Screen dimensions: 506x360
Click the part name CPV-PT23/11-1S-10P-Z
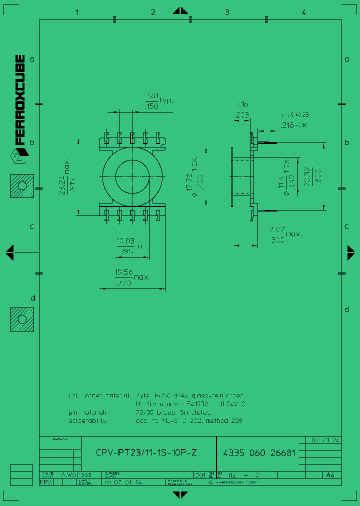pos(146,453)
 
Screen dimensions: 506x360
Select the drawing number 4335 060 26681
pos(258,453)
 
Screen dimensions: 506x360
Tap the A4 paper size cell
pos(330,475)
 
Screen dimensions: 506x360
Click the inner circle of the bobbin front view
pos(132,176)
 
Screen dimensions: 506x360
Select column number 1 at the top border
pos(77,12)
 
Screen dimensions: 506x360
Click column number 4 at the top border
pos(303,12)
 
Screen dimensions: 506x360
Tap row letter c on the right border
pos(346,226)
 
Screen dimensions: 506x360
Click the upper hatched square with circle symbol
pos(22,186)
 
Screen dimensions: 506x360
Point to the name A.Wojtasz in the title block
pos(74,475)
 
